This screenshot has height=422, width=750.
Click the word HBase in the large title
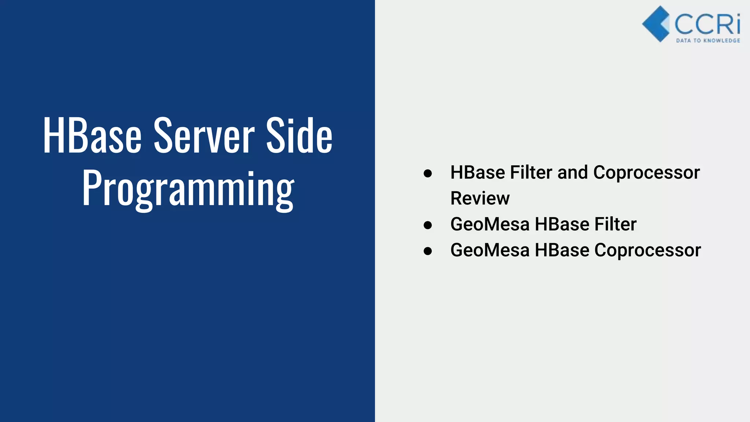pyautogui.click(x=92, y=136)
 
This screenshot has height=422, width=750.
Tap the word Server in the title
pyautogui.click(x=204, y=136)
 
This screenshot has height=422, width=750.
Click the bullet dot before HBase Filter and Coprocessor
pyautogui.click(x=427, y=173)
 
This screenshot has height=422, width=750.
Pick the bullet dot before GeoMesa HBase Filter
pyautogui.click(x=427, y=225)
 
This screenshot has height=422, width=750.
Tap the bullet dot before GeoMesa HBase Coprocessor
pyautogui.click(x=427, y=251)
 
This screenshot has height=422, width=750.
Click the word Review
pyautogui.click(x=480, y=199)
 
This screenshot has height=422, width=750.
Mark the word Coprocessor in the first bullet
pyautogui.click(x=646, y=173)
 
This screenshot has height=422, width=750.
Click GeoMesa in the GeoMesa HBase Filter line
pyautogui.click(x=490, y=224)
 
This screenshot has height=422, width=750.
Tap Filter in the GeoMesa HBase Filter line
pyautogui.click(x=615, y=224)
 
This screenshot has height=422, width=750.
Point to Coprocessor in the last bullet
pyautogui.click(x=647, y=251)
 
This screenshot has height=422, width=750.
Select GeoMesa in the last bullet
pyautogui.click(x=490, y=250)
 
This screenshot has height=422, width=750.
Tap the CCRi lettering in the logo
pyautogui.click(x=707, y=24)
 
